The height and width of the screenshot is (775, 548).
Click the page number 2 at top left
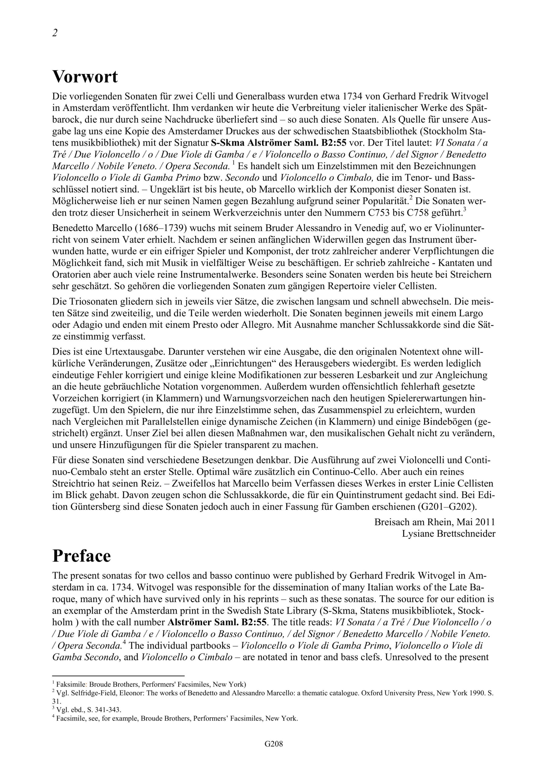click(55, 33)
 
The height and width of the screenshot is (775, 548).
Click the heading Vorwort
click(85, 77)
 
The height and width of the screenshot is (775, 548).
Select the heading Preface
click(81, 556)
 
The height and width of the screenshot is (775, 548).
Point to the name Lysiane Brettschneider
click(448, 534)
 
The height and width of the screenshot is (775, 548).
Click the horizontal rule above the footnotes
click(118, 676)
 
